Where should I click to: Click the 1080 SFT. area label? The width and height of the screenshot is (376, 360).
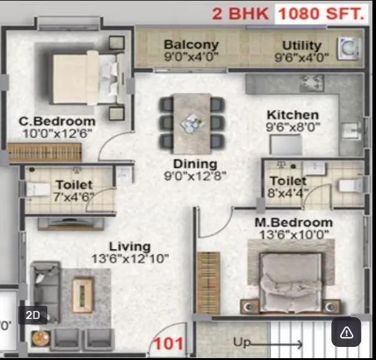click(x=320, y=13)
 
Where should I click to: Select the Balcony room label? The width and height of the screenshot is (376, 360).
click(x=191, y=45)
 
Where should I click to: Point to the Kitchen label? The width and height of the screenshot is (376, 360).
click(x=292, y=115)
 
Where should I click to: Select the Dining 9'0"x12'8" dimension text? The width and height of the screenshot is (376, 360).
click(x=195, y=176)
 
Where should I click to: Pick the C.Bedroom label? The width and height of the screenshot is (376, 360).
click(x=57, y=121)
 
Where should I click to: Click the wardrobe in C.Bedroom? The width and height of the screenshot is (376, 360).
click(x=45, y=153)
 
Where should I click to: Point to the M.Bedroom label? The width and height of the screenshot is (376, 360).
click(x=293, y=223)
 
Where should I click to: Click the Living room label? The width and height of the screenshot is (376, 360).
click(x=129, y=246)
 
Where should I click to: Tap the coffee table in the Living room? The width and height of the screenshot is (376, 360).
click(x=83, y=294)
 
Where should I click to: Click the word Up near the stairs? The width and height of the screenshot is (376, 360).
click(x=241, y=342)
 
